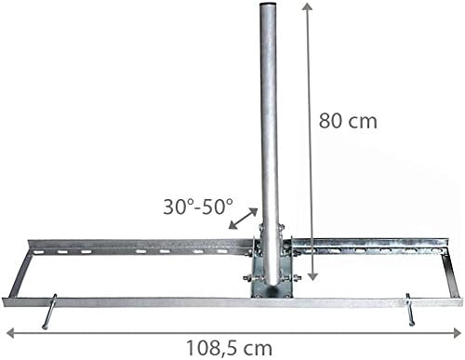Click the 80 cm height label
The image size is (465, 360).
point(349,120)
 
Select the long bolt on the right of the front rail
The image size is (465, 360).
point(410,310)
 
